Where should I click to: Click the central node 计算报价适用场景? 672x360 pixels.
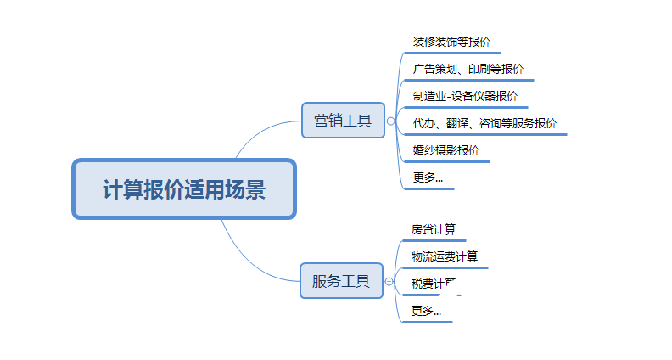point(184,189)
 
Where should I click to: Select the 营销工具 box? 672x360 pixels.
point(343,121)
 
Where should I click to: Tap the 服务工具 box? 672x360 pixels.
point(341,281)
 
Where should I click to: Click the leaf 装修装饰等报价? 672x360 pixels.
point(451,42)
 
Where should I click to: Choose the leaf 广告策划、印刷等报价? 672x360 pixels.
point(468,69)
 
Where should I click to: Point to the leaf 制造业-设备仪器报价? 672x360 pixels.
point(465,96)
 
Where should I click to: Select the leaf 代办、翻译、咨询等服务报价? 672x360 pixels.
point(484,123)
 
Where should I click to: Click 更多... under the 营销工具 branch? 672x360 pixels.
point(428,177)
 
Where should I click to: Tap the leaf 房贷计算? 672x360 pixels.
point(434,229)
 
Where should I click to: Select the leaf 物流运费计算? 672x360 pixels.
point(445,256)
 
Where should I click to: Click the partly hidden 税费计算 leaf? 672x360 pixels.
point(434,284)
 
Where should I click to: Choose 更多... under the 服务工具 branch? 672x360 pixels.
point(426,311)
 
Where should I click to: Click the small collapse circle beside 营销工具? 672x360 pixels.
point(390,121)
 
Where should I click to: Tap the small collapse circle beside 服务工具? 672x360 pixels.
point(389,281)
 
